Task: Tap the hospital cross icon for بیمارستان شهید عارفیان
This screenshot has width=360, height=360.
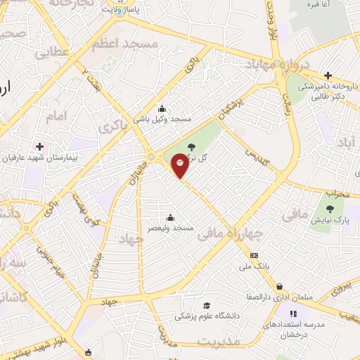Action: [x=39, y=147]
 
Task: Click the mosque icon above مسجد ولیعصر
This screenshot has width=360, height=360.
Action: [x=169, y=217]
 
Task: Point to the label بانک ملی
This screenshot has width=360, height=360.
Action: [x=254, y=266]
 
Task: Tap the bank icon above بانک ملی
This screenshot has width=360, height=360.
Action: [x=254, y=255]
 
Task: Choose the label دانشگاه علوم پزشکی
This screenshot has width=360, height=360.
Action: [x=207, y=316]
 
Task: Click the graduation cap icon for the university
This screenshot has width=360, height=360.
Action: [x=207, y=305]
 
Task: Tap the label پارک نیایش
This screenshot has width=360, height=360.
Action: [x=332, y=221]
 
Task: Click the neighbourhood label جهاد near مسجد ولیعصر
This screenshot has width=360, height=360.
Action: [x=131, y=239]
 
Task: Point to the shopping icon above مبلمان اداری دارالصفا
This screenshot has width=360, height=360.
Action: [x=281, y=286]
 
